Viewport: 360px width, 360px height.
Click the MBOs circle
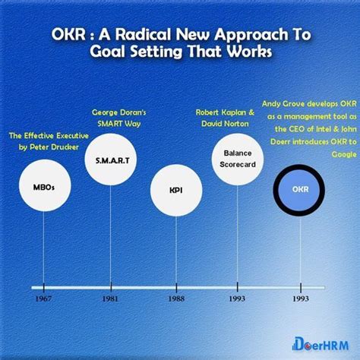(x=43, y=187)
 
